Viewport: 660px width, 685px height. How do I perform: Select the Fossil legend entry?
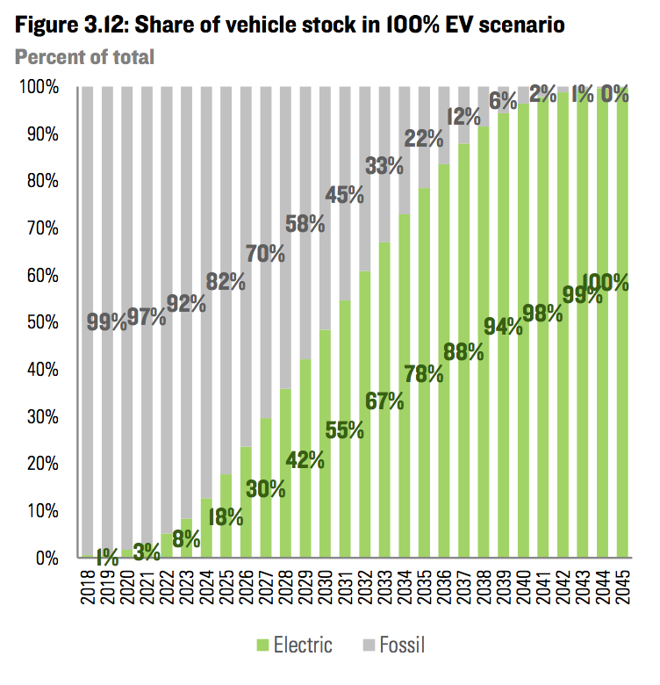pyautogui.click(x=395, y=646)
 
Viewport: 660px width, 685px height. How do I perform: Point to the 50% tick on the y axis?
pyautogui.click(x=40, y=322)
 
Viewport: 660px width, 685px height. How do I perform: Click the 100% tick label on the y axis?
pyautogui.click(x=37, y=88)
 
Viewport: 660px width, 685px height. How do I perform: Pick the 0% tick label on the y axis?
pyautogui.click(x=44, y=558)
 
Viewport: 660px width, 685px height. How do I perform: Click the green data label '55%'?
pyautogui.click(x=345, y=430)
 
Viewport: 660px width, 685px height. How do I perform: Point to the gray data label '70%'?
pyautogui.click(x=266, y=254)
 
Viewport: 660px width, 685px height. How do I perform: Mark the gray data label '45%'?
pyautogui.click(x=345, y=195)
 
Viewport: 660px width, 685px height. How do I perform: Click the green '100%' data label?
pyautogui.click(x=606, y=283)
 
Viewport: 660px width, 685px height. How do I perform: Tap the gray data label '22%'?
pyautogui.click(x=424, y=137)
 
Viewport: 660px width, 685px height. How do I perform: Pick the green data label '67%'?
pyautogui.click(x=384, y=401)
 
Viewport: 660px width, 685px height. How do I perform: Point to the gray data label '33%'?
pyautogui.click(x=384, y=165)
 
